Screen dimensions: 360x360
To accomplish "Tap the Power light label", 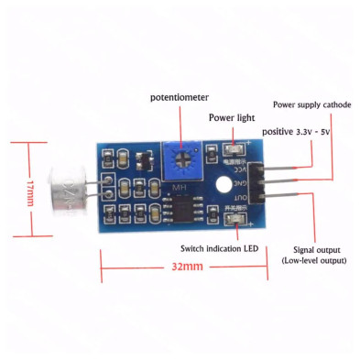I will pyautogui.click(x=234, y=117).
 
